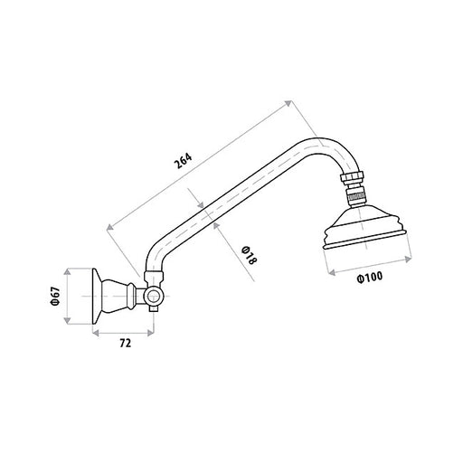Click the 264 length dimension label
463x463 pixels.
(183, 161)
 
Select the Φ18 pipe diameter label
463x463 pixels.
(250, 256)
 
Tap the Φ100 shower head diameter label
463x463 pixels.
(370, 278)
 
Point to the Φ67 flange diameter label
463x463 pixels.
(56, 297)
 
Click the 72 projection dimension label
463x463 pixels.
(126, 343)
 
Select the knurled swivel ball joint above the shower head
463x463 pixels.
(355, 196)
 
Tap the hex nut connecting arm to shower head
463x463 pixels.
(353, 178)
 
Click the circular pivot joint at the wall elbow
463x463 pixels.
(154, 297)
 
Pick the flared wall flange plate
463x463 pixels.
(96, 296)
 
